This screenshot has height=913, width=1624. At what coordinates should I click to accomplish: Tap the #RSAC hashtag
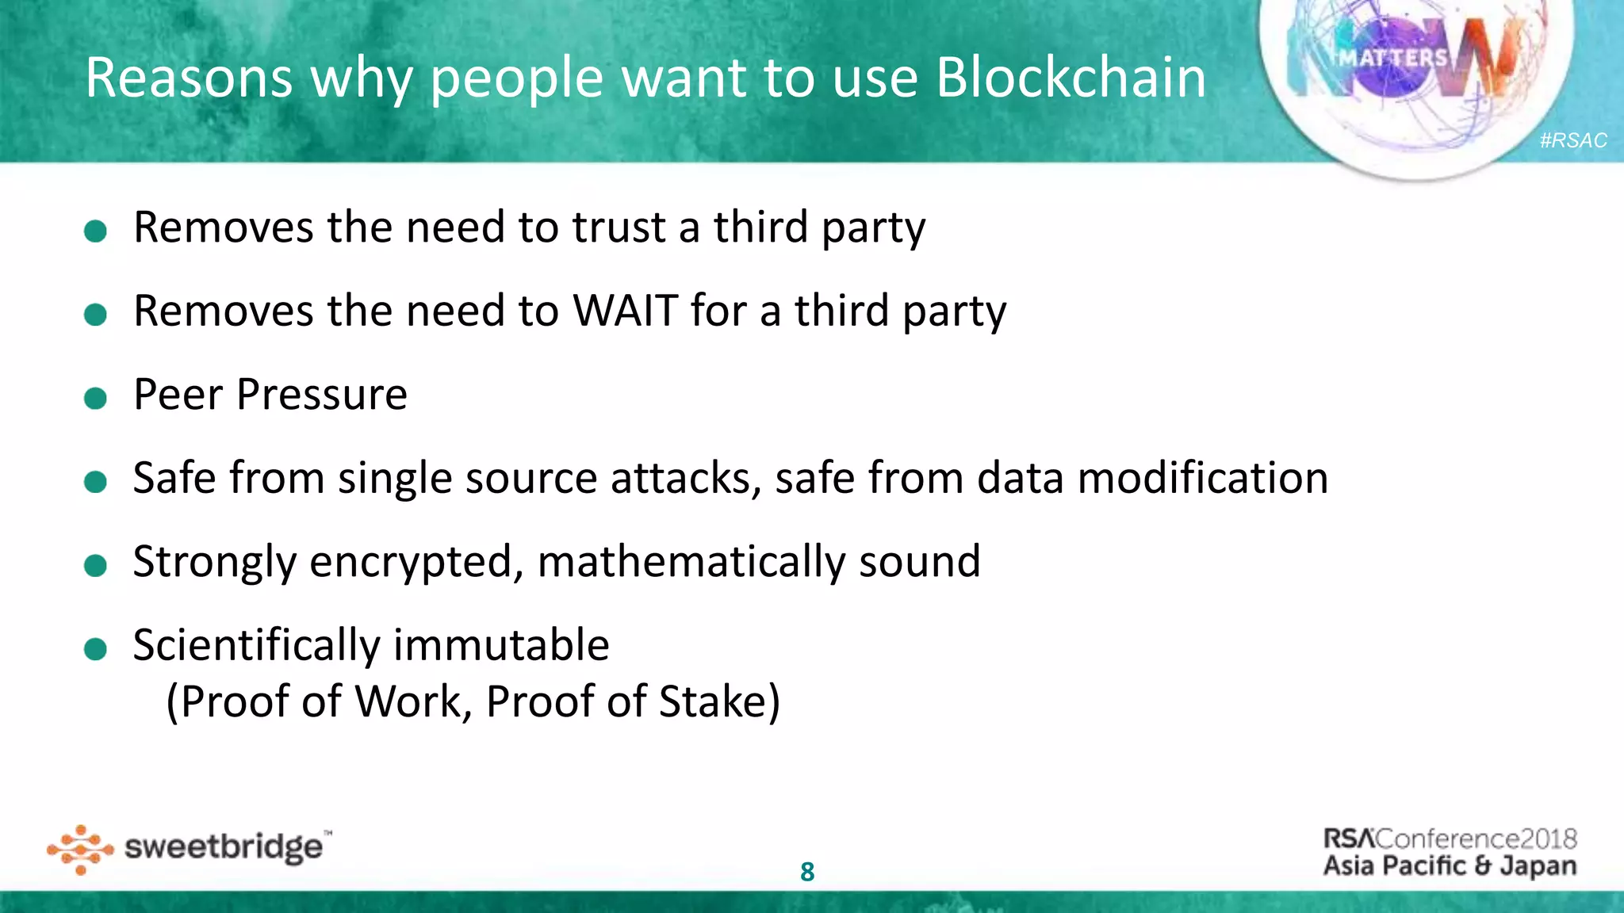tap(1573, 140)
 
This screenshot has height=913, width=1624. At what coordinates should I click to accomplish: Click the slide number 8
tap(807, 872)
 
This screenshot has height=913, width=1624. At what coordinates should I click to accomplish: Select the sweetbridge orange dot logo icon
tap(80, 850)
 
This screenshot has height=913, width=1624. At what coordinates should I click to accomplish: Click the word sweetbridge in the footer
tap(224, 848)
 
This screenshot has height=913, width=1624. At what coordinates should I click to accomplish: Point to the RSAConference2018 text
tap(1450, 839)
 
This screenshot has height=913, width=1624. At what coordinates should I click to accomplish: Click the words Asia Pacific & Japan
tap(1450, 865)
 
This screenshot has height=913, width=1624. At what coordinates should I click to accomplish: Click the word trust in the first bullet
tap(619, 227)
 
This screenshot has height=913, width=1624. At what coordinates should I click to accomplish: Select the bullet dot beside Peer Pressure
tap(95, 398)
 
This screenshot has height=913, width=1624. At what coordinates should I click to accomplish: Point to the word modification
tap(1203, 479)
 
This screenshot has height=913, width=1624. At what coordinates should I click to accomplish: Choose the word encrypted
tap(416, 563)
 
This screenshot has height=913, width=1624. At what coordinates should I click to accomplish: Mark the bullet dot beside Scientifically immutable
tap(95, 649)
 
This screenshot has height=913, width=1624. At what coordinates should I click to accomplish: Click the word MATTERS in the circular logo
tap(1393, 58)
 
